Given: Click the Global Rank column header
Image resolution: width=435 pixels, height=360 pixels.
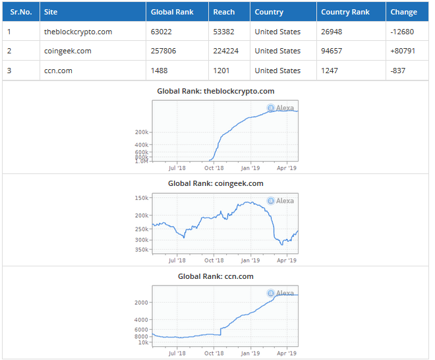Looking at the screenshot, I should click(171, 12).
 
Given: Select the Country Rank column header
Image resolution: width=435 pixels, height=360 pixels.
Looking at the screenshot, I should click(345, 12).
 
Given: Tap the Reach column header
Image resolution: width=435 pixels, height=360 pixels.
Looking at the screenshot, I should click(224, 12).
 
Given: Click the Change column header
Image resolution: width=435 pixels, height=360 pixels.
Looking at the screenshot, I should click(403, 12).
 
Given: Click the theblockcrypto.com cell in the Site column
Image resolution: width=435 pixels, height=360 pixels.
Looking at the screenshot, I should click(78, 32).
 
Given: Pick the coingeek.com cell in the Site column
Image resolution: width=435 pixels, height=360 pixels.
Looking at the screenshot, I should click(67, 51).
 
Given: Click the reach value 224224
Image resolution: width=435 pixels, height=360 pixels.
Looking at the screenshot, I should click(226, 51).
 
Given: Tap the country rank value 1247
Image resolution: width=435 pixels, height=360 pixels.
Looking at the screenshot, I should click(331, 71).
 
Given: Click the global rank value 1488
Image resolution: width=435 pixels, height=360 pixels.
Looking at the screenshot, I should click(160, 71).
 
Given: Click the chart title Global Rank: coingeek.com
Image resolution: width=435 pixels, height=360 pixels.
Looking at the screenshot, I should click(216, 183).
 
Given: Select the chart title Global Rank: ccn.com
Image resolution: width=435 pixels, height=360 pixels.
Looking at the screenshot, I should click(216, 276).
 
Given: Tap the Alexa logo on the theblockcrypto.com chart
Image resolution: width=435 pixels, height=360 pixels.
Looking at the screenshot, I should click(281, 108).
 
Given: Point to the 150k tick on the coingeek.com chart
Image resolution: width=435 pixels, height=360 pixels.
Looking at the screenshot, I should click(141, 198).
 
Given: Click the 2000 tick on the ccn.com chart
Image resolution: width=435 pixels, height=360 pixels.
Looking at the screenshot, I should click(142, 302).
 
